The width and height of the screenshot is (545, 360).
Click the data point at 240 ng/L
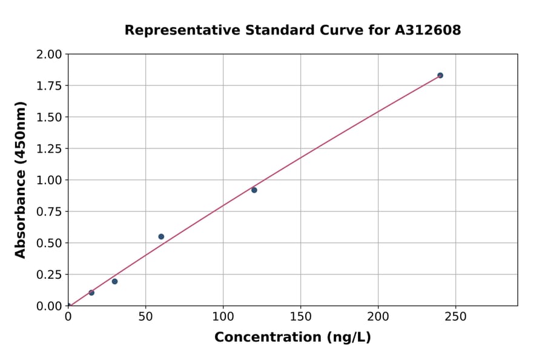pyautogui.click(x=440, y=75)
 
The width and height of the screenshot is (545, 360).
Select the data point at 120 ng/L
pyautogui.click(x=254, y=190)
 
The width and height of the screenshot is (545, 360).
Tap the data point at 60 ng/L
pyautogui.click(x=161, y=236)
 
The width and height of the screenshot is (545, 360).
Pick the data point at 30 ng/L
pyautogui.click(x=114, y=281)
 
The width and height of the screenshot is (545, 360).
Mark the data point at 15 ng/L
pyautogui.click(x=91, y=293)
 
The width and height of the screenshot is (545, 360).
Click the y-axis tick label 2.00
pyautogui.click(x=48, y=55)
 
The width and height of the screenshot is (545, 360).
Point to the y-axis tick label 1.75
pyautogui.click(x=48, y=85)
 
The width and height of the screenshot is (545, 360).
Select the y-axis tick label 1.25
pyautogui.click(x=48, y=148)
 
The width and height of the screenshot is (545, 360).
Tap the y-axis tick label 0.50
pyautogui.click(x=48, y=243)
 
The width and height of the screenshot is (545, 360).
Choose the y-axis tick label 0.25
pyautogui.click(x=48, y=275)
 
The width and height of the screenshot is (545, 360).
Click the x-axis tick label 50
pyautogui.click(x=145, y=316)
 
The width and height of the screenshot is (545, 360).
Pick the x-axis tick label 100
pyautogui.click(x=223, y=316)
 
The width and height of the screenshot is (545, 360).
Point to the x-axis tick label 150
pyautogui.click(x=300, y=316)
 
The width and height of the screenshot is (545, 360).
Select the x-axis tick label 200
pyautogui.click(x=378, y=316)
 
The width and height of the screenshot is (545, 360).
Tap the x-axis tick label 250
pyautogui.click(x=455, y=316)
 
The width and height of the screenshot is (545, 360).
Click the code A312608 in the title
pyautogui.click(x=428, y=30)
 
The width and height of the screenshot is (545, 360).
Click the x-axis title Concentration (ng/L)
pyautogui.click(x=292, y=338)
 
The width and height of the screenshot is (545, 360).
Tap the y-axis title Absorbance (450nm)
pyautogui.click(x=21, y=180)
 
